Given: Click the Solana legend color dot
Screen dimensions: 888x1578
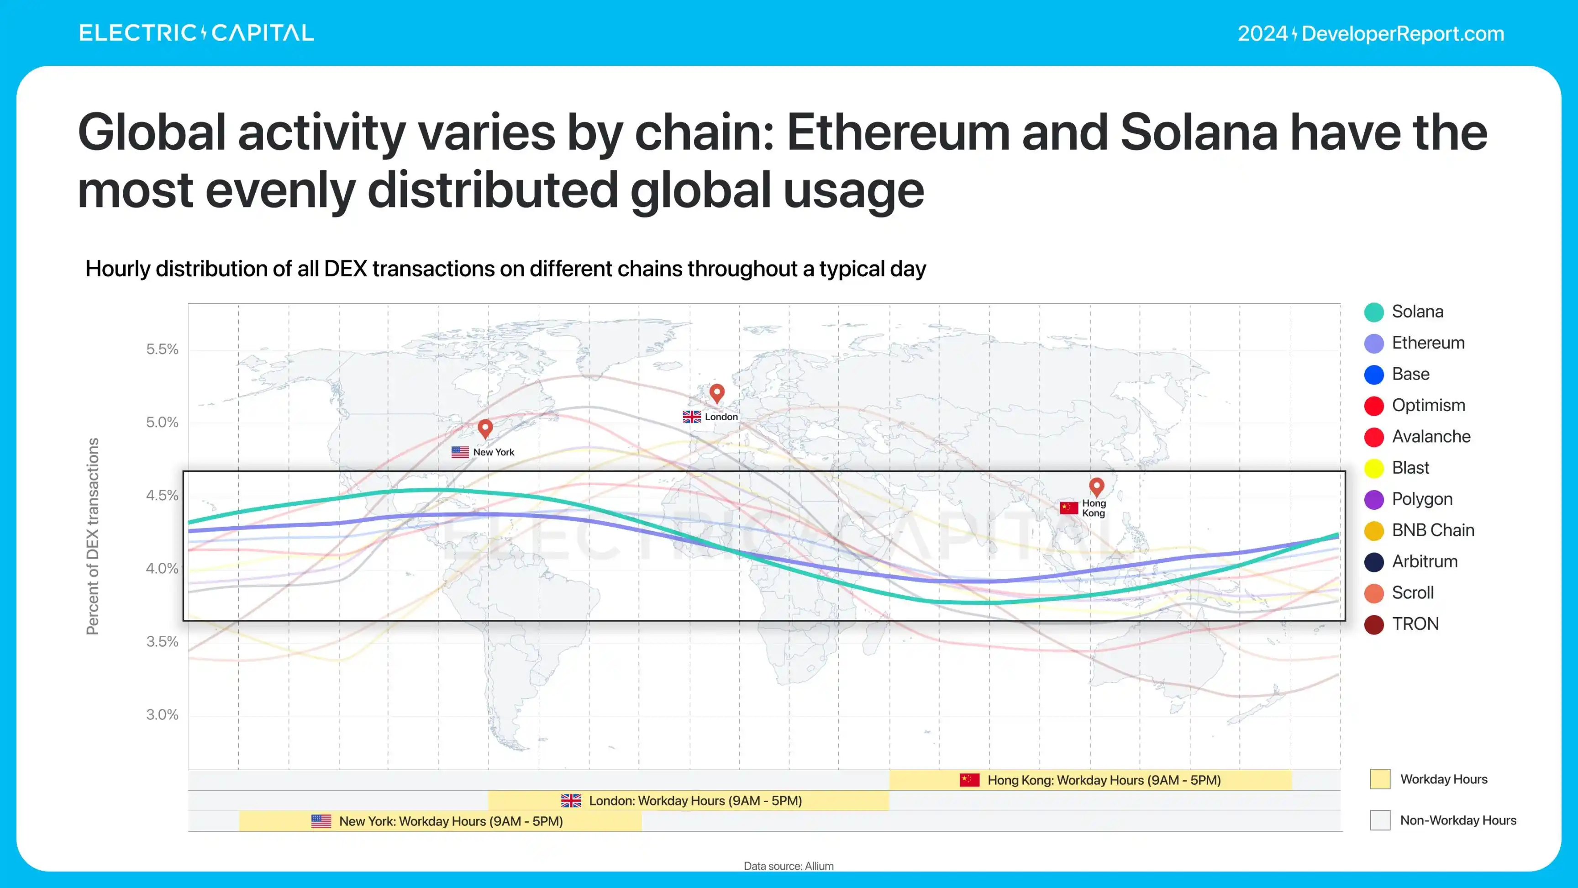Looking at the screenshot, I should pyautogui.click(x=1373, y=312).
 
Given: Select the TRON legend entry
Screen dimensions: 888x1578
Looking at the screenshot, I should pyautogui.click(x=1415, y=624).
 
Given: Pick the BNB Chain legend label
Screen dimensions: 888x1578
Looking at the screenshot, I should pyautogui.click(x=1432, y=530).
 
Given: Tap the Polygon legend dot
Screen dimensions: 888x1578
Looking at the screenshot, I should pyautogui.click(x=1373, y=499).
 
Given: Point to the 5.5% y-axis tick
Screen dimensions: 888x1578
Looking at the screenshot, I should pyautogui.click(x=162, y=349).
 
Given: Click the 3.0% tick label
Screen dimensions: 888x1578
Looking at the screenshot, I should pyautogui.click(x=162, y=714).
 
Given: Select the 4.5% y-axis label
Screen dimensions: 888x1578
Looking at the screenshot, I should pyautogui.click(x=162, y=495).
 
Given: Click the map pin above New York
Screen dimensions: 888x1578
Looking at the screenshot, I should pyautogui.click(x=485, y=428).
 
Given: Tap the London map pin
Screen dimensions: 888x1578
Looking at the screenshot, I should pyautogui.click(x=717, y=392).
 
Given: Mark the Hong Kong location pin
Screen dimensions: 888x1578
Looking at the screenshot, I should pyautogui.click(x=1096, y=486).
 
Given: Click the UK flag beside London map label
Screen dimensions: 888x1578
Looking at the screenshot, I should pyautogui.click(x=692, y=417).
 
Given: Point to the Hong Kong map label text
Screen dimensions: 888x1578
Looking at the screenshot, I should pyautogui.click(x=1094, y=508).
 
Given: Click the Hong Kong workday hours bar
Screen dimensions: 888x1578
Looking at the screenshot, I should pyautogui.click(x=1090, y=780).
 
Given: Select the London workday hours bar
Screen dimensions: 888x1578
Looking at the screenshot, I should pyautogui.click(x=688, y=800).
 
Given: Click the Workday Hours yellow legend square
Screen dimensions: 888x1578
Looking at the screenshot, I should pyautogui.click(x=1379, y=779).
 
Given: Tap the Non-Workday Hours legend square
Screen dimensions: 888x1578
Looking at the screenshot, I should pyautogui.click(x=1379, y=820).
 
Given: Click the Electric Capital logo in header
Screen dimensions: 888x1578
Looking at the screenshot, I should pyautogui.click(x=196, y=33).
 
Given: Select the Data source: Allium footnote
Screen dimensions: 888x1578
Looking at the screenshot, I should pyautogui.click(x=789, y=866).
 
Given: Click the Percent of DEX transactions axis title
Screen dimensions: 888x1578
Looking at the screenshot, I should pyautogui.click(x=93, y=536).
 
